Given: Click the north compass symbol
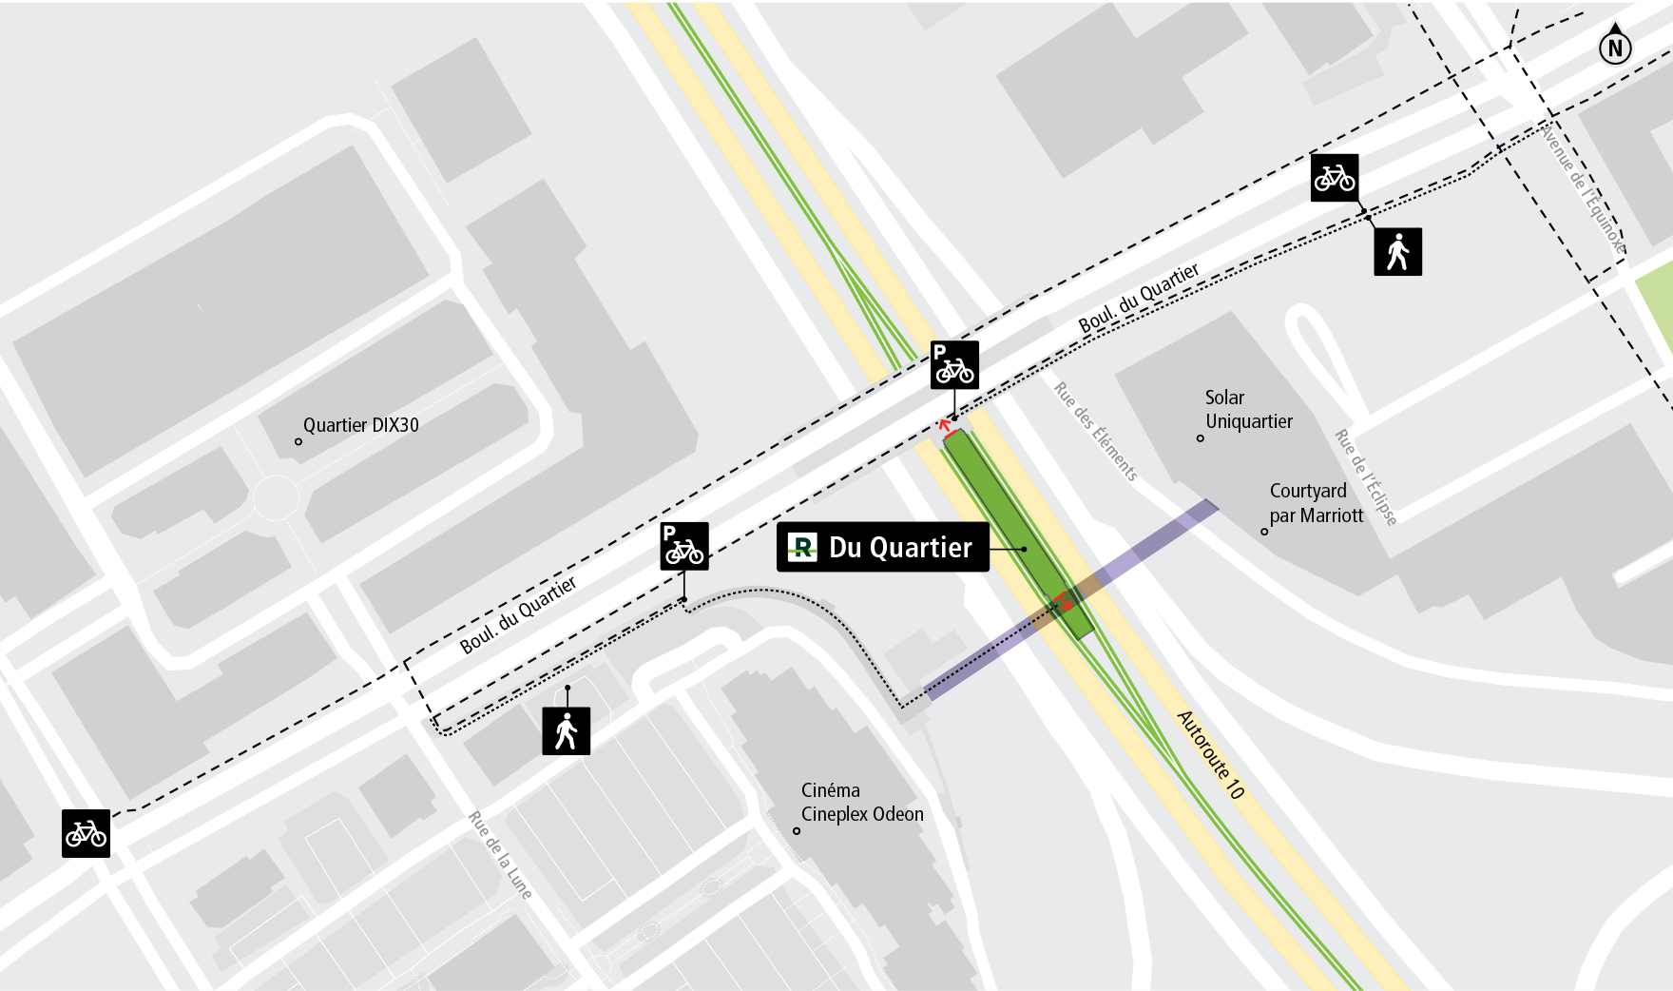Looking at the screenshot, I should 1615,46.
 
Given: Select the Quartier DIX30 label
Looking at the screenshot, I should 360,426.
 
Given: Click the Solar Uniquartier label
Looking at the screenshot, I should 1247,410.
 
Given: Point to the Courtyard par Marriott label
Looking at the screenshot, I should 1316,503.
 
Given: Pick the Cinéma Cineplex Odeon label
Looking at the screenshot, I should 861,803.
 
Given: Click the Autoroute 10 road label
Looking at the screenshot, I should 1210,754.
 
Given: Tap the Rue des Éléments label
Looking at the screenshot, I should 1095,432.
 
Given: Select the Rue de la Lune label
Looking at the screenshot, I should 500,855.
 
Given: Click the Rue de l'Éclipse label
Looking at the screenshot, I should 1366,477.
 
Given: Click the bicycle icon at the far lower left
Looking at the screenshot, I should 86,834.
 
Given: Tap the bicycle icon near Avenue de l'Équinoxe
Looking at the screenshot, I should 1334,178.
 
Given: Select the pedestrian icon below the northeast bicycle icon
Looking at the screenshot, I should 1397,252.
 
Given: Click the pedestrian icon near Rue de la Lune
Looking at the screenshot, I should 566,731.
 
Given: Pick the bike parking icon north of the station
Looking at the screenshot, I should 954,365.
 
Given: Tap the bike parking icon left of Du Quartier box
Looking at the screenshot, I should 683,546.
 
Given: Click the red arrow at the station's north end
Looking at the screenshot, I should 946,425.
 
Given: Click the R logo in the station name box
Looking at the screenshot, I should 802,547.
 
